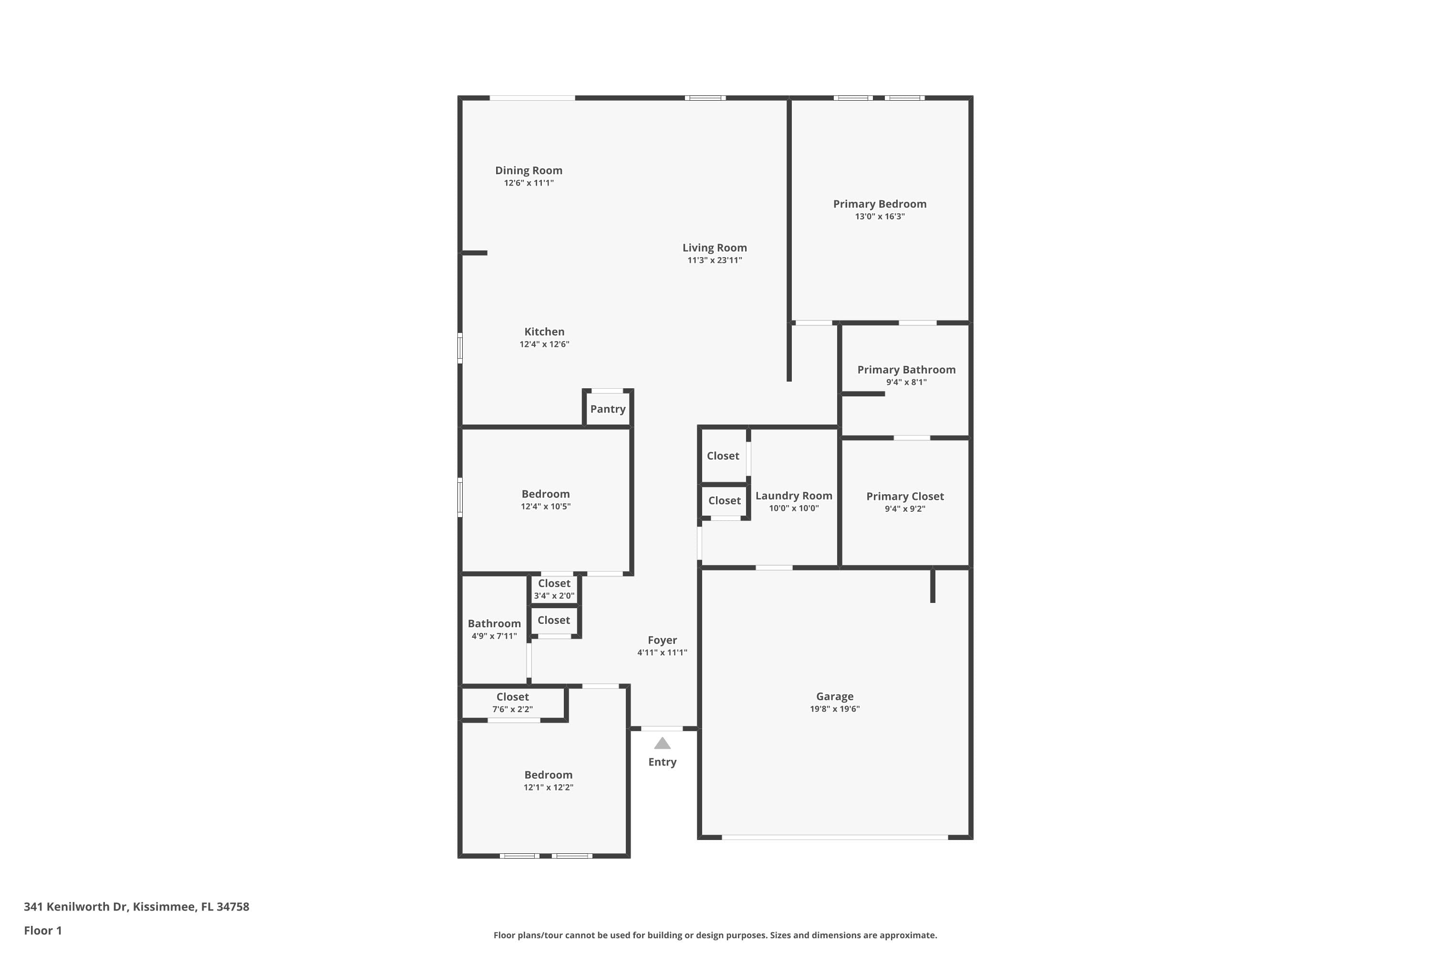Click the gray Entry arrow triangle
point(662,744)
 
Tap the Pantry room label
point(607,409)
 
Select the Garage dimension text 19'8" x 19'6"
point(834,709)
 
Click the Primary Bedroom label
point(879,204)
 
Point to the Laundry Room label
point(793,496)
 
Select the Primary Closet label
point(905,497)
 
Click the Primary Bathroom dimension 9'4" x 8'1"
point(906,383)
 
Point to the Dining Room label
point(528,170)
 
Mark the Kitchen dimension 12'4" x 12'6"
point(544,344)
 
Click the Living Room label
point(714,248)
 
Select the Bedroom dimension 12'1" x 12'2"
point(548,788)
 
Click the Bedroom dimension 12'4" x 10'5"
point(545,507)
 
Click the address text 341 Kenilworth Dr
point(136,907)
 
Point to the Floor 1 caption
point(42,930)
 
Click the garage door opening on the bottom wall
point(834,838)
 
